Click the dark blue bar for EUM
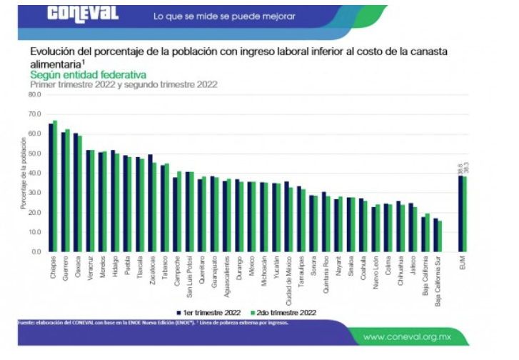pos(461,214)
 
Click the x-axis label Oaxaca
pos(77,268)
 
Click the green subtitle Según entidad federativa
pos(88,74)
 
